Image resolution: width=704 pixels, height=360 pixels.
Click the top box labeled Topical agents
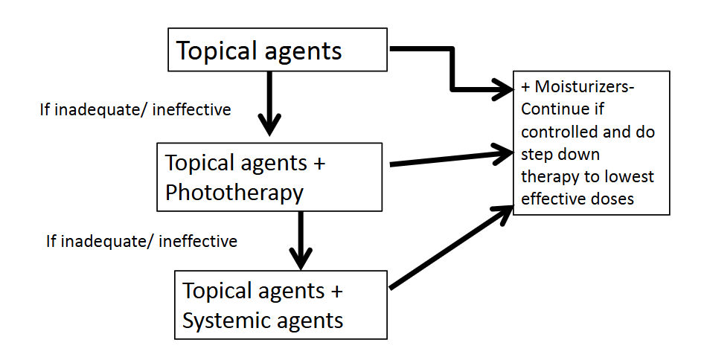coord(278,50)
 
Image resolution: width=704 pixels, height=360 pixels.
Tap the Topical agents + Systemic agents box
coord(281,305)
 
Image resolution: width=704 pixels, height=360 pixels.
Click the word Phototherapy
coord(234,193)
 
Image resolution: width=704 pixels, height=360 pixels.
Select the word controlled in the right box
coord(554,132)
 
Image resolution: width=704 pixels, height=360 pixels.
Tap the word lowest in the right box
coord(627,176)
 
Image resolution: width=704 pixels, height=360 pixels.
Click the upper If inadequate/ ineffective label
coord(135,110)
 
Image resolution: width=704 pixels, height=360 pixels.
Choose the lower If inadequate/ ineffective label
coord(141,241)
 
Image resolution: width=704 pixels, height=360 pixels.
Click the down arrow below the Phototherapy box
coord(301,240)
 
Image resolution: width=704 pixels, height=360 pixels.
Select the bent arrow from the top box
coord(452,71)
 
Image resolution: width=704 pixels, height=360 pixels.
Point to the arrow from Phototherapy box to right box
coord(450,158)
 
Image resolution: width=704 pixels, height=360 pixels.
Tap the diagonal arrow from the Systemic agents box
coord(450,248)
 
